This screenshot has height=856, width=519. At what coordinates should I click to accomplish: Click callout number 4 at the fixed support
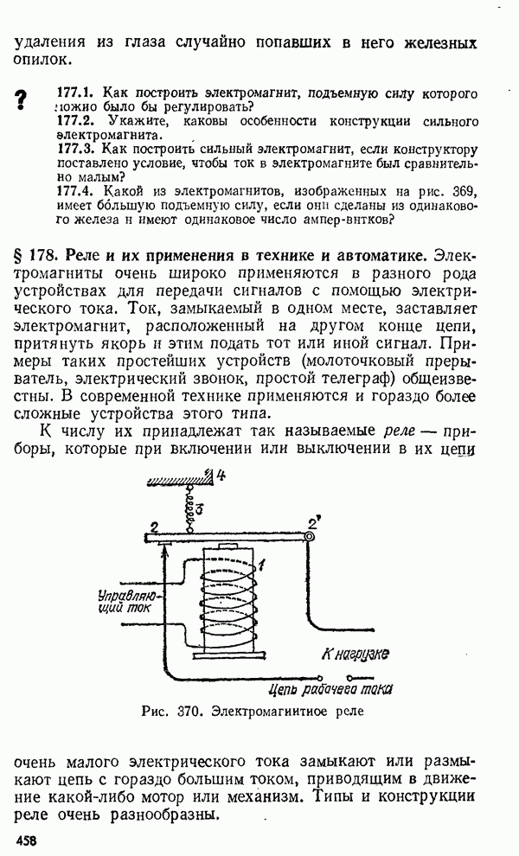click(x=221, y=474)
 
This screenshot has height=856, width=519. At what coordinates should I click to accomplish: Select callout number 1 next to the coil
click(x=260, y=565)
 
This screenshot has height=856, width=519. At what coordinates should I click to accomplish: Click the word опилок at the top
click(x=39, y=60)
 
